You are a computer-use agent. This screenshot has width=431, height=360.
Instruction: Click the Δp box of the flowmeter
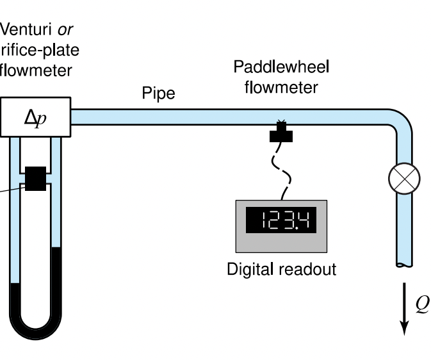click(x=35, y=117)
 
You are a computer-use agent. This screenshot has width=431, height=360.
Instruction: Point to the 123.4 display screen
click(x=281, y=220)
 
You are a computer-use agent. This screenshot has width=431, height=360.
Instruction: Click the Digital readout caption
click(x=281, y=268)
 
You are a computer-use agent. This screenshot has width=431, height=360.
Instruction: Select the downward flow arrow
click(x=404, y=311)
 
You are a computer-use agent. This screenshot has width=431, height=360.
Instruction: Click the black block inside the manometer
click(x=35, y=179)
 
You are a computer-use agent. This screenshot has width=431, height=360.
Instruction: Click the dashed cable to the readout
click(x=281, y=168)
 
